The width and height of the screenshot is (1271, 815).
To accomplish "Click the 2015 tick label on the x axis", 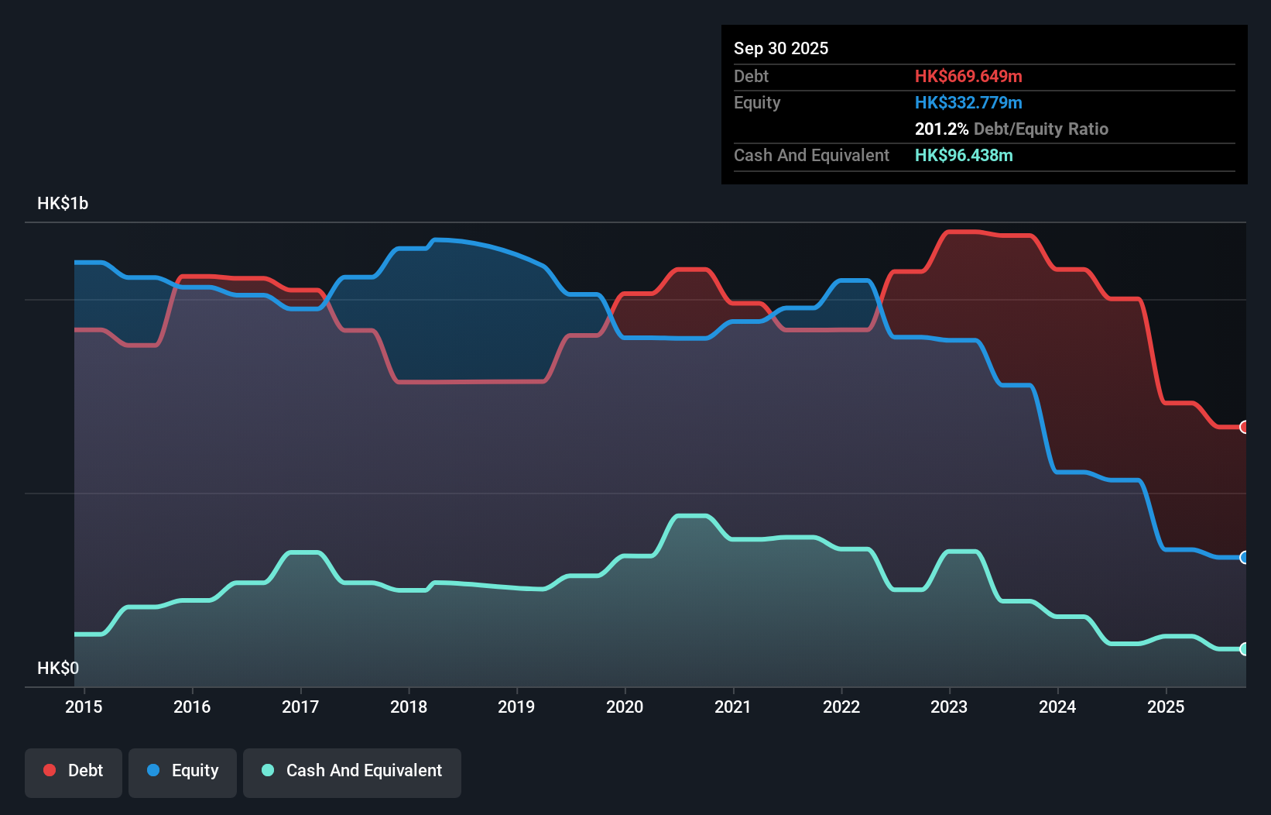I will tap(84, 707).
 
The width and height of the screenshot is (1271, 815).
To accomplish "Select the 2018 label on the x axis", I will tap(409, 707).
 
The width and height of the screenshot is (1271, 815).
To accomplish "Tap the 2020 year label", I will tap(625, 707).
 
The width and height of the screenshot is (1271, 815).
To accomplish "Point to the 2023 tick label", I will tap(949, 707).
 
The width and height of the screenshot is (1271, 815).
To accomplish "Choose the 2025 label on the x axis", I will tap(1166, 707).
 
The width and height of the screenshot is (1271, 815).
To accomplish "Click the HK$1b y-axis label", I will tap(63, 204).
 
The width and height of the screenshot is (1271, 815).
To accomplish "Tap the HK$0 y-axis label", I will tap(58, 668).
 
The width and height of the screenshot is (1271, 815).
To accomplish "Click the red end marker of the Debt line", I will tap(1244, 427).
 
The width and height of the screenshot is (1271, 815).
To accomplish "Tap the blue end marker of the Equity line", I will tap(1244, 557).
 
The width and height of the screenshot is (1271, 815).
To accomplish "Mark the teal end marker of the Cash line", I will tap(1244, 649).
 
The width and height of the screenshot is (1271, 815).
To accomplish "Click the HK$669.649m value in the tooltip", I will tap(968, 76).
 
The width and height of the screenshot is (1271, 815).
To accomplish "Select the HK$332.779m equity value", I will tap(968, 102).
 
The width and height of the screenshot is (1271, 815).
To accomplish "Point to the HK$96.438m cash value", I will tap(964, 155).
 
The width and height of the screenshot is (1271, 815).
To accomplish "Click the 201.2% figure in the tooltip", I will tap(941, 129).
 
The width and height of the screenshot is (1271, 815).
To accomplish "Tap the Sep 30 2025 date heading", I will tap(781, 48).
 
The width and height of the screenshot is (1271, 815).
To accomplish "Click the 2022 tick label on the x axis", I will tap(841, 707).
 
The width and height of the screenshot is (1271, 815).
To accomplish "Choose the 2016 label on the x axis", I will tap(192, 707).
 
